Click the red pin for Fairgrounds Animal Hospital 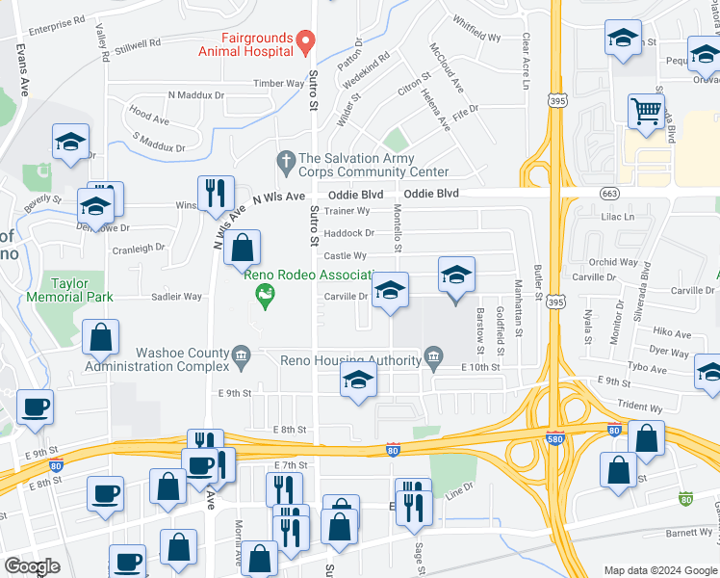(305, 41)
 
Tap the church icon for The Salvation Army (284, 159)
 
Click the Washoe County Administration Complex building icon (240, 358)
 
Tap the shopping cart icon (646, 110)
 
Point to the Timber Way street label (278, 84)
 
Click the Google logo (32, 566)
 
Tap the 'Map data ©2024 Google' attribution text (659, 570)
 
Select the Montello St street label (397, 227)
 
